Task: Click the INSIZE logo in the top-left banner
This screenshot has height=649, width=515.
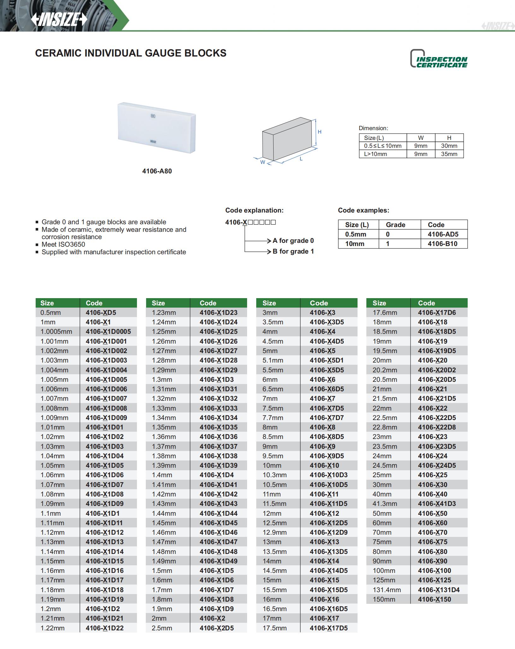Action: (59, 20)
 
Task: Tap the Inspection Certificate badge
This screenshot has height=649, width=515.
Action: (439, 59)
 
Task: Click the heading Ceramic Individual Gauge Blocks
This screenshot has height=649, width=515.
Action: (131, 53)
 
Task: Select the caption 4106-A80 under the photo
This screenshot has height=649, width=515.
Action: (157, 171)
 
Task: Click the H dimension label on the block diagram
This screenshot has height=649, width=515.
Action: (320, 132)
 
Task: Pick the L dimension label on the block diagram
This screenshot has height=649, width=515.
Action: (301, 159)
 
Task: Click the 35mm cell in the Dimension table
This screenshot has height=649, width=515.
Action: (449, 154)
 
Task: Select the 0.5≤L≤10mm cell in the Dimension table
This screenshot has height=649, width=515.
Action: (382, 146)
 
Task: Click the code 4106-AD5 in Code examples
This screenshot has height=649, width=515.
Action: (443, 234)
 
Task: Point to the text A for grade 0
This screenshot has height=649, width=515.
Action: (293, 241)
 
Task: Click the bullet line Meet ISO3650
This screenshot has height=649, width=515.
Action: (63, 244)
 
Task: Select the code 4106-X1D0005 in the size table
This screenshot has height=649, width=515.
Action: (108, 332)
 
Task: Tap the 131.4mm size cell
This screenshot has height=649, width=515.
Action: (387, 590)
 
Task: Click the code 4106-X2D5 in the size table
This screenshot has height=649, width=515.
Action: (216, 628)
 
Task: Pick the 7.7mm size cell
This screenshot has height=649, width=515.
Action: (273, 418)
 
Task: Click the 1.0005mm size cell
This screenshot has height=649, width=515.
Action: (56, 332)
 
